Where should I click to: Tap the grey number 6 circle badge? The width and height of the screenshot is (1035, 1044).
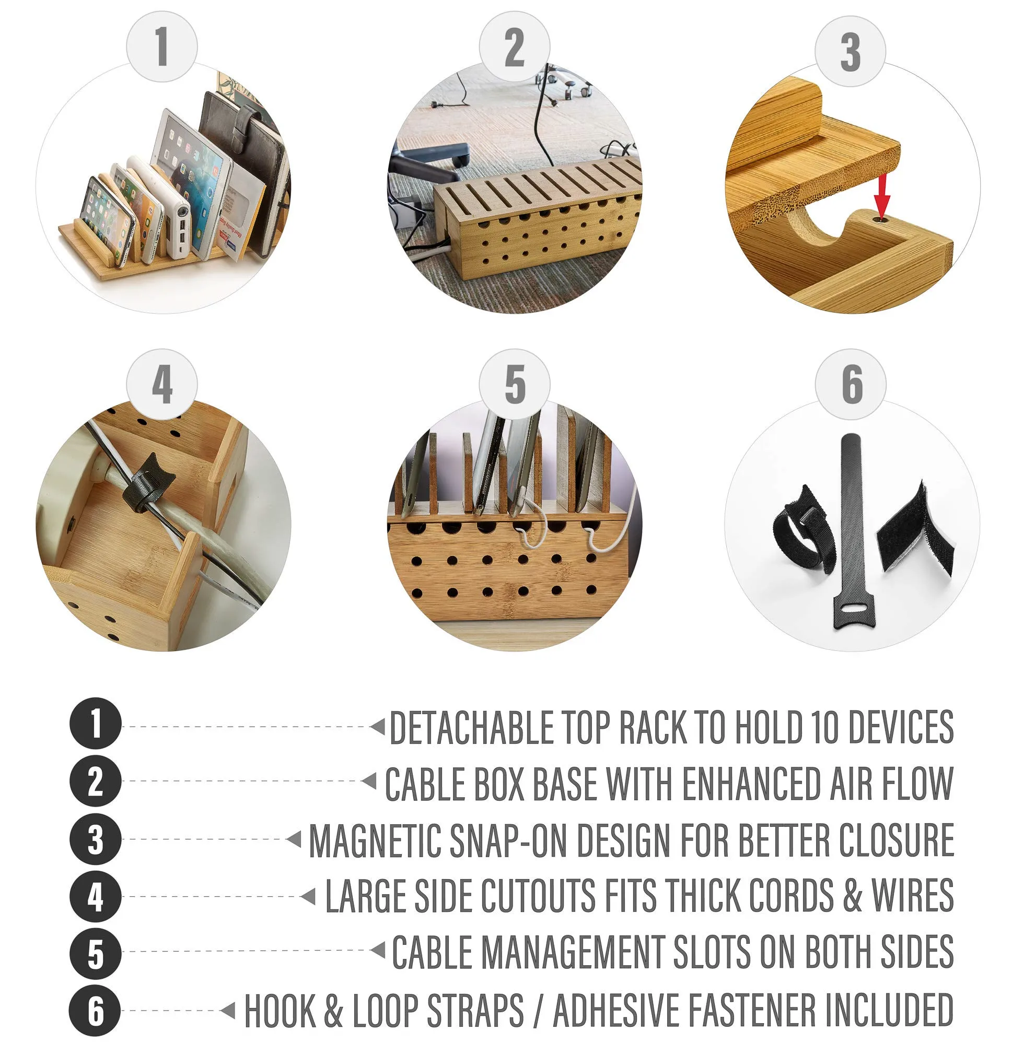[850, 384]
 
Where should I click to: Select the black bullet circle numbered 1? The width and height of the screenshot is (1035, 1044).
[95, 724]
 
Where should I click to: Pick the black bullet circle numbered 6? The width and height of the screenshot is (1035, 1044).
[95, 1011]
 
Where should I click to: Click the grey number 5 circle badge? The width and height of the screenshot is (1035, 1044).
[514, 384]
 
